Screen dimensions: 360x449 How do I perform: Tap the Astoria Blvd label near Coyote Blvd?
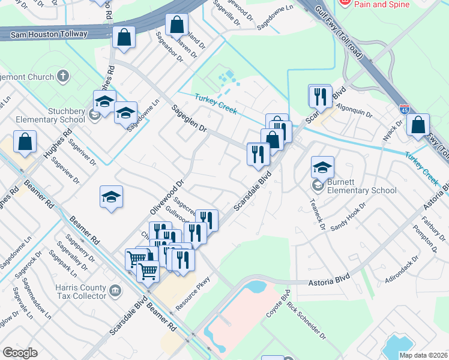[328, 282]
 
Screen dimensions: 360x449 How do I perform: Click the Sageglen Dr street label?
[188, 120]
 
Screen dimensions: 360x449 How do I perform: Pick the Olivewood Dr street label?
[166, 197]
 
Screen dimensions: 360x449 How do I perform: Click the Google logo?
[20, 353]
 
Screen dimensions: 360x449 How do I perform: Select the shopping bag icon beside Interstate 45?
[418, 125]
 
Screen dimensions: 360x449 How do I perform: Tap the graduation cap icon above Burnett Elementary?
[322, 168]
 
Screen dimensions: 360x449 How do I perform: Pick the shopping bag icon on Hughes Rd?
[26, 143]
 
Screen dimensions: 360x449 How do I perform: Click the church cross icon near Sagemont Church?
[63, 76]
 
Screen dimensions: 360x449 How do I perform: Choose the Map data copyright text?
[424, 355]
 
